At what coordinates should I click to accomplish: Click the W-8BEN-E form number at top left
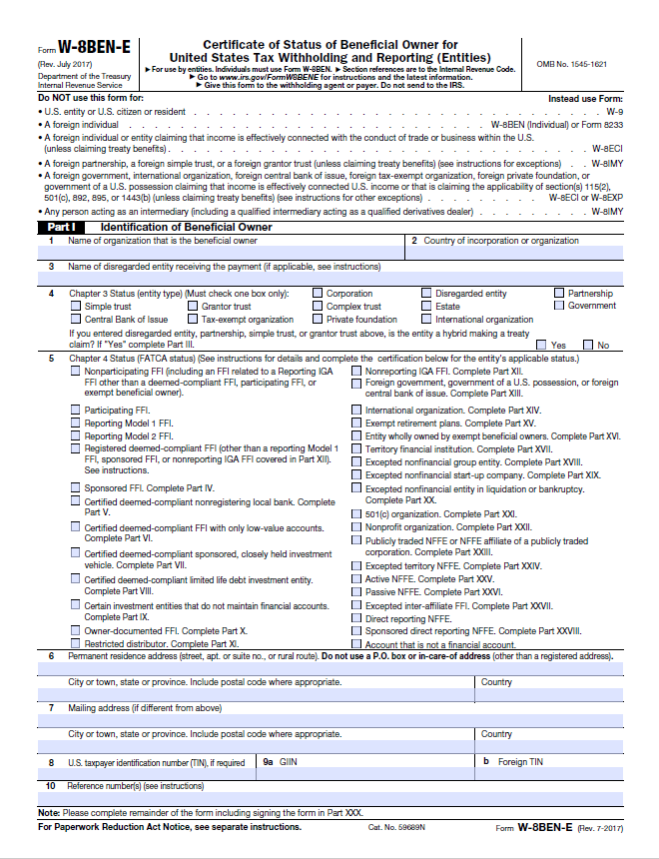(94, 48)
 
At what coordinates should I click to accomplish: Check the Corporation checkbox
(317, 294)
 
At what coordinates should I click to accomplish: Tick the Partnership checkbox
(559, 294)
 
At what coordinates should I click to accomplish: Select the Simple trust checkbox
(76, 307)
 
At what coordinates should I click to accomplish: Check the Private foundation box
(317, 320)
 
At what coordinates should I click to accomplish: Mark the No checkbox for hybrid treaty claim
(588, 345)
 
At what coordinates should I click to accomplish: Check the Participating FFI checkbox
(76, 411)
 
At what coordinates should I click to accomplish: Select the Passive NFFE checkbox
(356, 592)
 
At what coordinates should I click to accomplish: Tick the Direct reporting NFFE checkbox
(356, 618)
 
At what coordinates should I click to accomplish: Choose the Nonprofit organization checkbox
(356, 526)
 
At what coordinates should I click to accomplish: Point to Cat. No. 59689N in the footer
(395, 827)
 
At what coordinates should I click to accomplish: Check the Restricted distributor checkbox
(76, 644)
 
